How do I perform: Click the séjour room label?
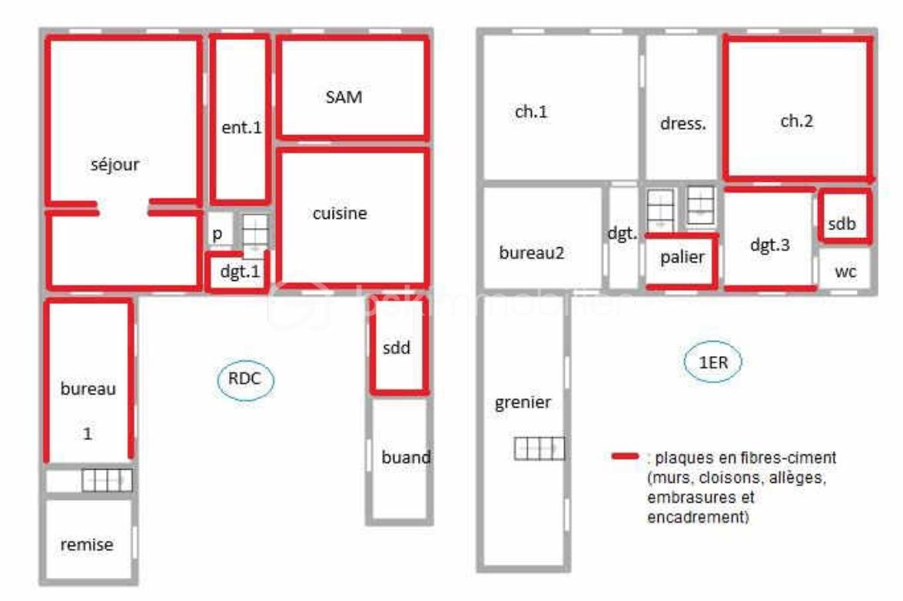(115, 165)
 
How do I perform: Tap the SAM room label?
(344, 97)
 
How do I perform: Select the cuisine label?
(340, 213)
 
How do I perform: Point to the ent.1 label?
(241, 127)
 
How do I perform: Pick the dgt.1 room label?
(240, 271)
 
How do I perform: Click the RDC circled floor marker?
(245, 379)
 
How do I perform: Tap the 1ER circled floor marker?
(713, 362)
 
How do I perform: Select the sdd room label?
(397, 348)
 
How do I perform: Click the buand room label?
(406, 457)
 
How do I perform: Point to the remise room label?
(87, 545)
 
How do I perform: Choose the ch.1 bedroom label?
(531, 111)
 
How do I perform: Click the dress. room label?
(683, 124)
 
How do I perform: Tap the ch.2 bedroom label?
(796, 121)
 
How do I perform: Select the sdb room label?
(842, 223)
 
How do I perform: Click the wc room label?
(845, 272)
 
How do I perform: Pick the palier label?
(682, 257)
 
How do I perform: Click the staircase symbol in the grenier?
(539, 448)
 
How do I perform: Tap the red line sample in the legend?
(625, 456)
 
